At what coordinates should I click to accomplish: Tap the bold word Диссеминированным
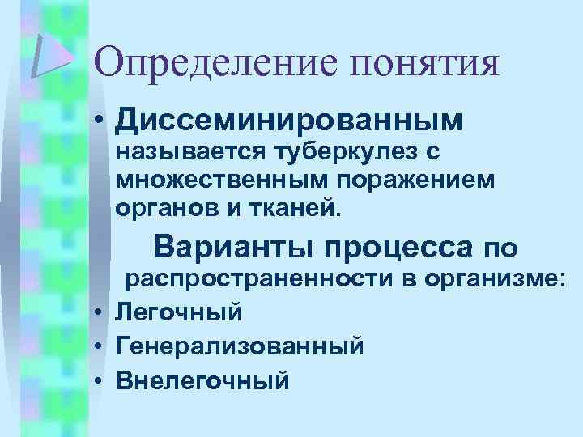coord(289,121)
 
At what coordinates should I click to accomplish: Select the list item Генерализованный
coord(240,345)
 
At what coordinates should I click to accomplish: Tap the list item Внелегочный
coord(202,379)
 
